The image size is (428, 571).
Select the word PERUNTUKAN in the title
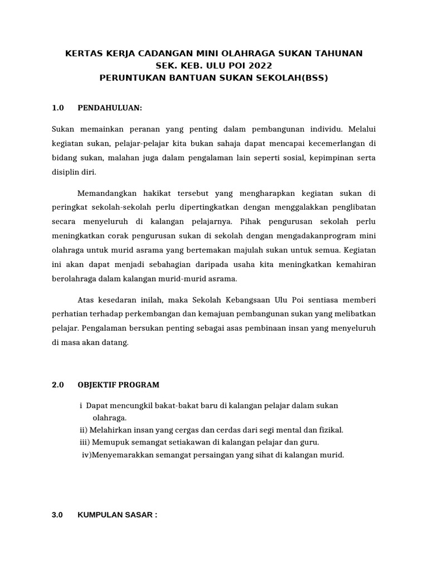click(127, 78)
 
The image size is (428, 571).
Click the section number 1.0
click(58, 107)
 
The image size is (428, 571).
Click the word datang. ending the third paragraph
click(116, 342)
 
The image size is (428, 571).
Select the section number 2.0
click(58, 385)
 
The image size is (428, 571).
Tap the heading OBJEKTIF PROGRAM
click(118, 385)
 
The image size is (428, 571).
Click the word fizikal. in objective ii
click(330, 430)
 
